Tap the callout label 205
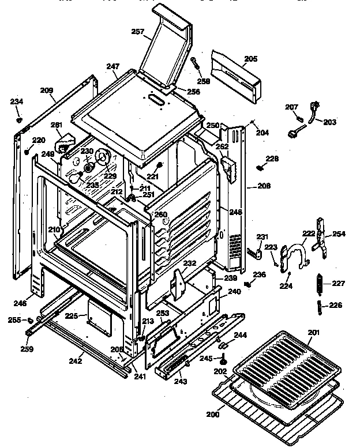(x=251, y=59)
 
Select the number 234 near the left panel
(x=17, y=102)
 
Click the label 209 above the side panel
(x=47, y=90)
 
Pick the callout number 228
(x=272, y=159)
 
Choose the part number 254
(x=339, y=234)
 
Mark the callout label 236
(x=261, y=274)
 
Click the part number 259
(x=27, y=349)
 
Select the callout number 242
(x=74, y=362)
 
